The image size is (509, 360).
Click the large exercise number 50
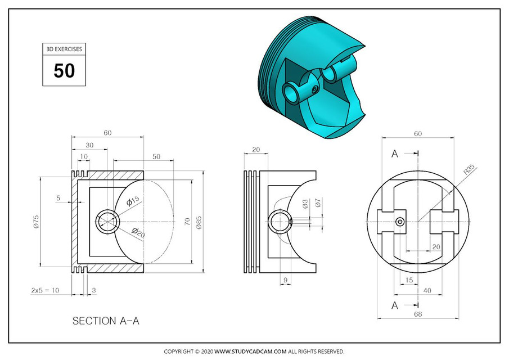pyautogui.click(x=64, y=71)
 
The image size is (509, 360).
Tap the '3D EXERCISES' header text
pyautogui.click(x=64, y=49)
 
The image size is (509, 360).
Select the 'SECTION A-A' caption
pyautogui.click(x=106, y=321)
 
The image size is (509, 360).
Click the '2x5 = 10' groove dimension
pyautogui.click(x=45, y=290)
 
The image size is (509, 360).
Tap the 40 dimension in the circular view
pyautogui.click(x=428, y=290)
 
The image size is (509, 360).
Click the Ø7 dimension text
pyautogui.click(x=318, y=204)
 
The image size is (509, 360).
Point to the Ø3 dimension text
pyautogui.click(x=305, y=204)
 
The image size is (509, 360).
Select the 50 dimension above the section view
pyautogui.click(x=156, y=156)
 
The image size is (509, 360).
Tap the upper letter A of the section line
pyautogui.click(x=395, y=154)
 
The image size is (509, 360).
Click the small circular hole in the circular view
pyautogui.click(x=400, y=222)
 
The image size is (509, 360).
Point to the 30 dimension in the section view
pyautogui.click(x=89, y=145)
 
